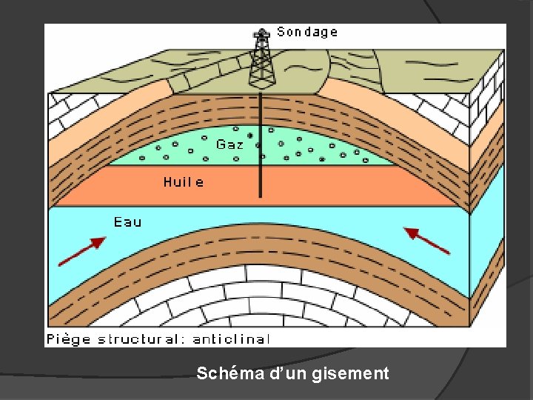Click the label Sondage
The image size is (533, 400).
point(307,32)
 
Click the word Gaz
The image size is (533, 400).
point(229,144)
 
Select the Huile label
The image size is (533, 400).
point(184,181)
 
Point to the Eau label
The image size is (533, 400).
point(127,221)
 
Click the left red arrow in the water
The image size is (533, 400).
point(81,251)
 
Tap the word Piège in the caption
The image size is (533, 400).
point(68,339)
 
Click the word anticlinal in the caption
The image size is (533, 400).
point(231,339)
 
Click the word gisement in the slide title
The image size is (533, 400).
point(355,374)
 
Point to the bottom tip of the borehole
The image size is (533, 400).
point(261,196)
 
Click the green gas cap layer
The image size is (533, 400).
point(311,148)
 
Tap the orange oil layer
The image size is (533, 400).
point(333,185)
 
